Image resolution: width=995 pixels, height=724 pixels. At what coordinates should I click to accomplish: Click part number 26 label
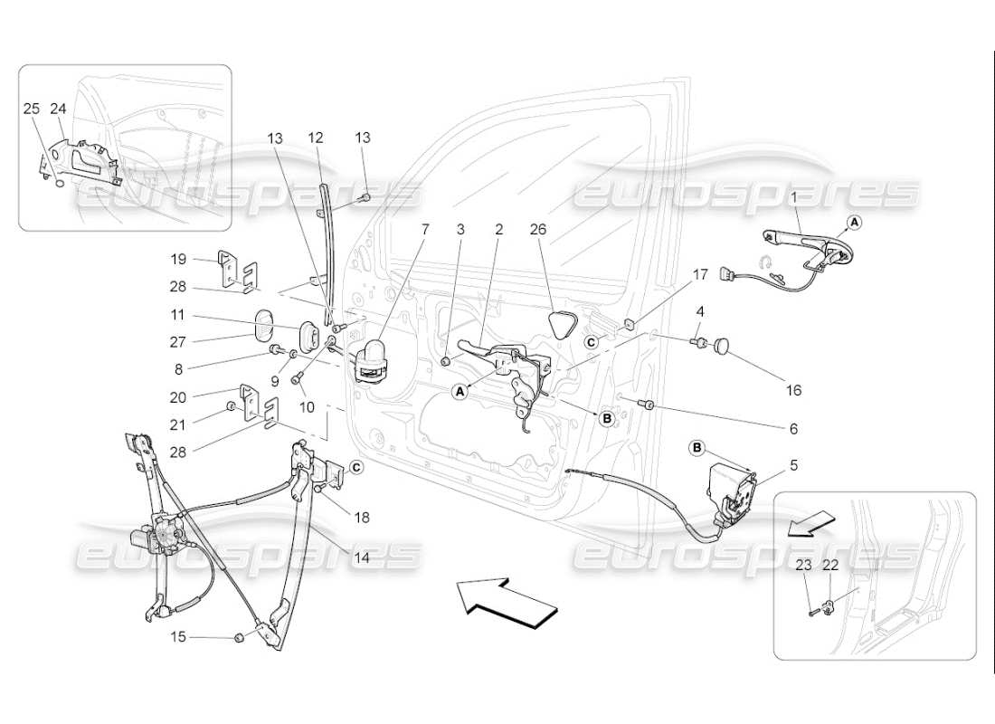tap(539, 230)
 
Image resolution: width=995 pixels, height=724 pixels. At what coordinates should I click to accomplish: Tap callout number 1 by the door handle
tap(794, 196)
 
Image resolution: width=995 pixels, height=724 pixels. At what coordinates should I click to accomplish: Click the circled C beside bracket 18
tap(355, 467)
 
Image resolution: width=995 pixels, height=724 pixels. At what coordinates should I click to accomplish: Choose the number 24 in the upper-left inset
tap(59, 109)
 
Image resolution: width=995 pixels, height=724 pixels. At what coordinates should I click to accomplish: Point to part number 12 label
tap(316, 138)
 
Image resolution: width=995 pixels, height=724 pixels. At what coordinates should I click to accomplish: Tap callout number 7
tap(424, 230)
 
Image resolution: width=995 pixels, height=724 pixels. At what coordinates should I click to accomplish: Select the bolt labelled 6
tap(647, 404)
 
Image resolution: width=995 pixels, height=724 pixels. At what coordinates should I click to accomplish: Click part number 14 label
tap(361, 558)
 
